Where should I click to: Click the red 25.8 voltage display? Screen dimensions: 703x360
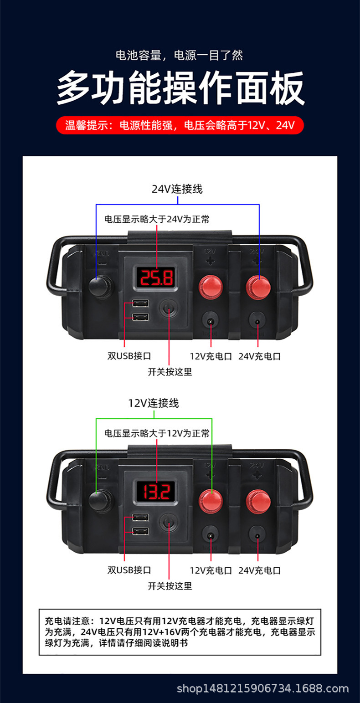pos(156,277)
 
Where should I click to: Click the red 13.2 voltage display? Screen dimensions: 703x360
pos(156,491)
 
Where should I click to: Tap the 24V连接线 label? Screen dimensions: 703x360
pos(177,189)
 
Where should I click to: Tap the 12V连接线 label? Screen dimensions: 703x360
pos(154,403)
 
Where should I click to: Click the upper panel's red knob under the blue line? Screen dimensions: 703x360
pos(258,286)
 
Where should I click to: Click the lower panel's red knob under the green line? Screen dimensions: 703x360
pos(211,500)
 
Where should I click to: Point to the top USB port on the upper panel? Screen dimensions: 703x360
pos(140,303)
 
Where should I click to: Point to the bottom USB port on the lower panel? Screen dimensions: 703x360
pos(140,531)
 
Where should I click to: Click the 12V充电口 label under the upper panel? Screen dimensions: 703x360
pos(211,356)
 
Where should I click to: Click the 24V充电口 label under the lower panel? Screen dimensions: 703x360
pos(260,570)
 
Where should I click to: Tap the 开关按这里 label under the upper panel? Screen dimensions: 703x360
pos(170,372)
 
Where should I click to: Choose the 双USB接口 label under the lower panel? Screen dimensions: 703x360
pos(129,570)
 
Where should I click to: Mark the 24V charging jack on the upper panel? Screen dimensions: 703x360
pos(258,322)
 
